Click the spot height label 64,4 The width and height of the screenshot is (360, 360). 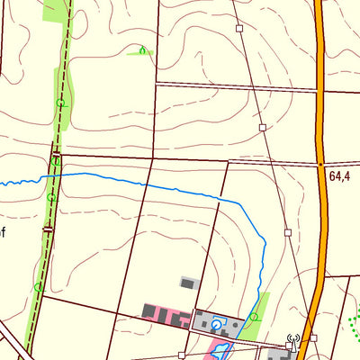(339, 177)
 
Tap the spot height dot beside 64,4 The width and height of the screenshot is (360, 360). (320, 165)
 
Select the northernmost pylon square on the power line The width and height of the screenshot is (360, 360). (240, 29)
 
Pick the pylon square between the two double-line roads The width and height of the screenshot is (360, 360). (263, 128)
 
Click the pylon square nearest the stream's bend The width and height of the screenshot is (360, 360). (288, 232)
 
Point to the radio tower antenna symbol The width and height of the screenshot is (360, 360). (291, 343)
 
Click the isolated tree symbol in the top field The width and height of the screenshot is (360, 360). (141, 50)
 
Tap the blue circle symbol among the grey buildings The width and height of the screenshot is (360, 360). (216, 324)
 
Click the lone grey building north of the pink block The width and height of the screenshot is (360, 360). (187, 283)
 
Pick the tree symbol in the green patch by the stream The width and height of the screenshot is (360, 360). (255, 317)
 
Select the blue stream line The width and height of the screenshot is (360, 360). (162, 184)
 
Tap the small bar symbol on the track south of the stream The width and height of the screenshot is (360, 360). (47, 229)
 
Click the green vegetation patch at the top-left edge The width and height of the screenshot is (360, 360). (55, 9)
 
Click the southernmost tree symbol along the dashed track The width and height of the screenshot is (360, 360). (38, 287)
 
